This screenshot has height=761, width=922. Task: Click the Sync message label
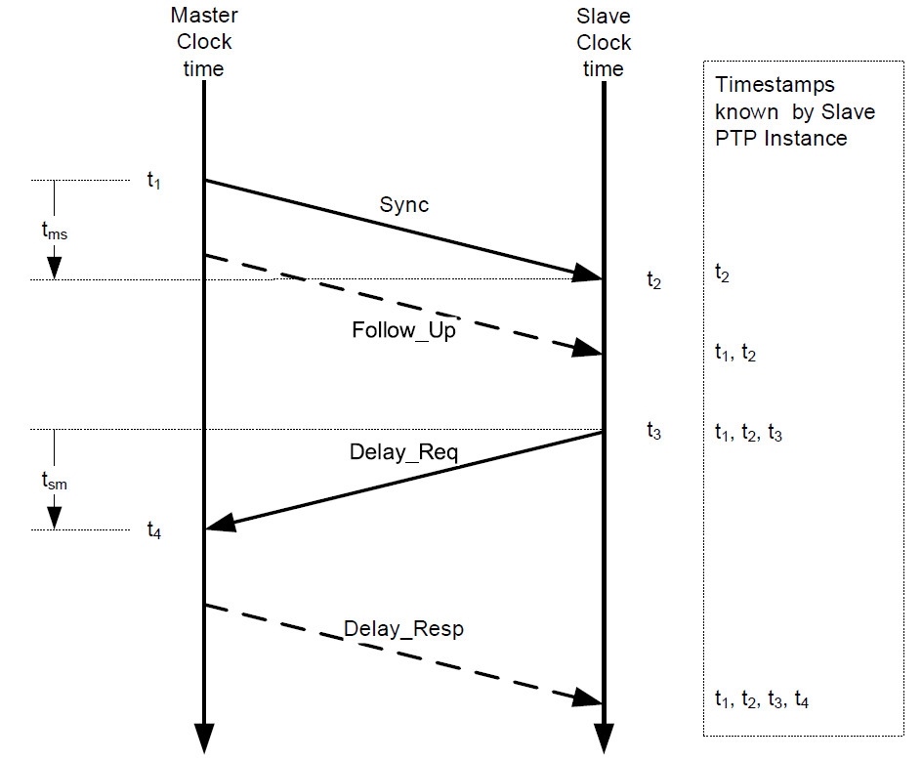403,206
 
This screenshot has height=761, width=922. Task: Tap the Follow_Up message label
403,330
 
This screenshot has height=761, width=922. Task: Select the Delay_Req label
403,452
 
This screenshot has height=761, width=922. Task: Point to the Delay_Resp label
403,629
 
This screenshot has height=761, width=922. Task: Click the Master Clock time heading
204,42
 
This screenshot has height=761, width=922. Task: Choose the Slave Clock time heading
604,42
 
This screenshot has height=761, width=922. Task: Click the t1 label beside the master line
153,180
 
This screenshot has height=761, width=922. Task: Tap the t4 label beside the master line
153,530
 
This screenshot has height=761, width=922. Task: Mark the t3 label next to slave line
653,430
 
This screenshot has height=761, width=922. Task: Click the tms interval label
55,233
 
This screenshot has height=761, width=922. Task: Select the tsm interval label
55,481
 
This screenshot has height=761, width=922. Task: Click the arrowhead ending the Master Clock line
204,740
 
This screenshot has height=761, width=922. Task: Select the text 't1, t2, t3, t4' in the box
762,699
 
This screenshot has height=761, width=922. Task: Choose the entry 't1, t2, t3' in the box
748,433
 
